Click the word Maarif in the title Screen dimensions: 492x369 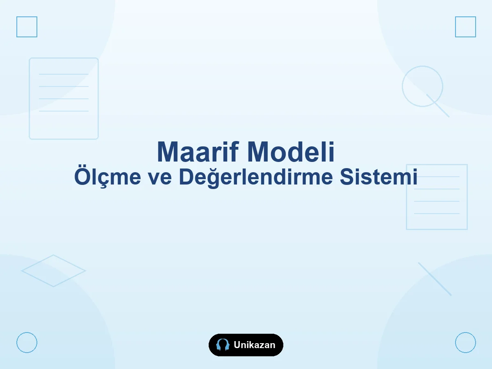[x=198, y=152]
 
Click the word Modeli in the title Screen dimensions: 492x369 [x=291, y=152]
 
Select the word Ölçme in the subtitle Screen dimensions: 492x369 [x=107, y=177]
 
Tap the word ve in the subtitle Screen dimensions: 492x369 [x=160, y=178]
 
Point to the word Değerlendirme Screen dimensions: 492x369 [x=256, y=178]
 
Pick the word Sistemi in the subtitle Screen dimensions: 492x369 [x=378, y=177]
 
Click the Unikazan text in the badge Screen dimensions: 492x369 [x=255, y=345]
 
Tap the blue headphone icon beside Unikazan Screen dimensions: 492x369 [x=223, y=344]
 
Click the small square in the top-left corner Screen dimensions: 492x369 [x=27, y=16]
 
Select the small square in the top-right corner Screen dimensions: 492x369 [x=465, y=16]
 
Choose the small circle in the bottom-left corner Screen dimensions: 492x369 [x=27, y=333]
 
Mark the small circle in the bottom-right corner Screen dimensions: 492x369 [x=465, y=333]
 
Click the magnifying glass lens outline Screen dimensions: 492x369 [x=423, y=66]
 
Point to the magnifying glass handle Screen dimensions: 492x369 [x=438, y=105]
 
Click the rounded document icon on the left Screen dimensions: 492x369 [x=30, y=98]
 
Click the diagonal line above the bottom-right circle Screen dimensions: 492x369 [x=435, y=279]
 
